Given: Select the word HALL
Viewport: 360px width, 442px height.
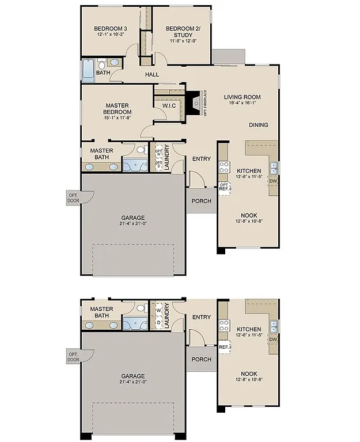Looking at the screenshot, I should click(x=152, y=75).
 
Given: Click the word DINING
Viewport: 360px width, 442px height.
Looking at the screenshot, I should click(x=258, y=125).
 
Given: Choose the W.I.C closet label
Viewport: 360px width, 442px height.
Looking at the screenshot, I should click(x=169, y=105).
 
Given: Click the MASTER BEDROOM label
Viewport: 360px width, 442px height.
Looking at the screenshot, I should click(x=118, y=109).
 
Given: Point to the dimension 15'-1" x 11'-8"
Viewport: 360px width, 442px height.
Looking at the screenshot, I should click(x=118, y=118).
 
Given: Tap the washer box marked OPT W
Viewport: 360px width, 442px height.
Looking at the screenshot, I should click(x=159, y=153).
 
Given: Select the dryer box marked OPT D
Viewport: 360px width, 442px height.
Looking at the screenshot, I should click(x=159, y=164).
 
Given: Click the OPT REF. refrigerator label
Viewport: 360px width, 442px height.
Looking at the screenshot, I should click(x=224, y=186).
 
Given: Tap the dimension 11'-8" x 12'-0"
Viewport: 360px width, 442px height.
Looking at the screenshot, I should click(x=183, y=41).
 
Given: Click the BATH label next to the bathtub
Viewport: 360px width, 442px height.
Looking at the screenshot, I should click(x=103, y=73).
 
